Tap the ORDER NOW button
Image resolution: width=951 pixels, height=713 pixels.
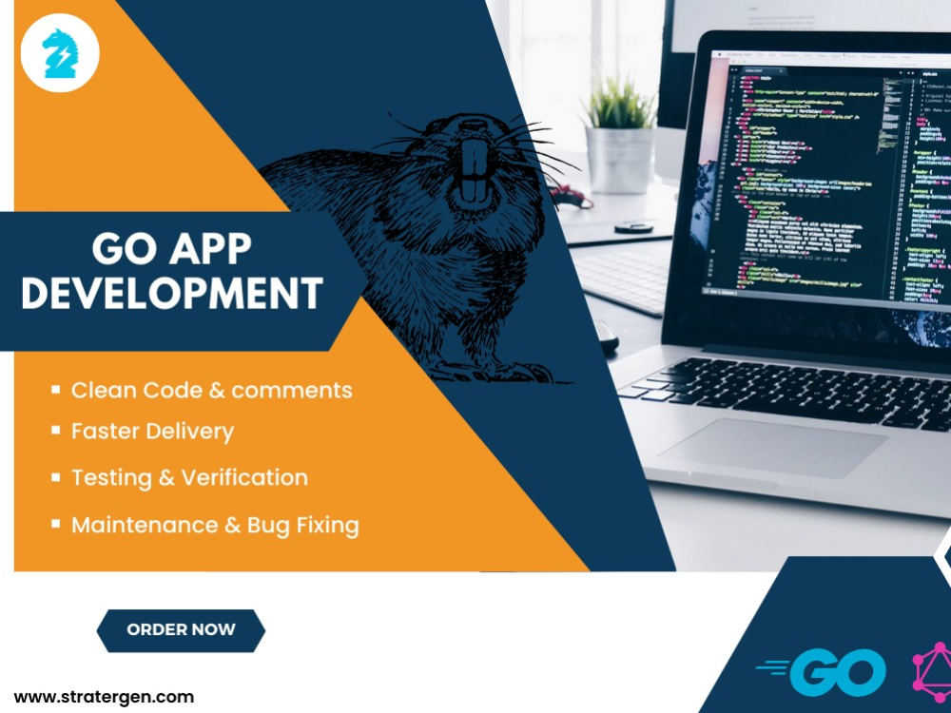(x=181, y=629)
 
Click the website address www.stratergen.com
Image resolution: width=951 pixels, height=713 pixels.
(x=104, y=697)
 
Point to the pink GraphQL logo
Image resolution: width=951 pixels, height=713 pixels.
(x=933, y=671)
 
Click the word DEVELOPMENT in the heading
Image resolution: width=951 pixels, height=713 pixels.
(x=171, y=293)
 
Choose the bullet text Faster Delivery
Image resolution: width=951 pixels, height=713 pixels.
(x=152, y=432)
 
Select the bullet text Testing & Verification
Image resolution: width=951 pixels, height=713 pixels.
(x=189, y=477)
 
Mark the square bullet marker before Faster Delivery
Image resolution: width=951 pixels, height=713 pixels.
(x=56, y=431)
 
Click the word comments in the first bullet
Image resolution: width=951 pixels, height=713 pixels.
(x=292, y=390)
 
